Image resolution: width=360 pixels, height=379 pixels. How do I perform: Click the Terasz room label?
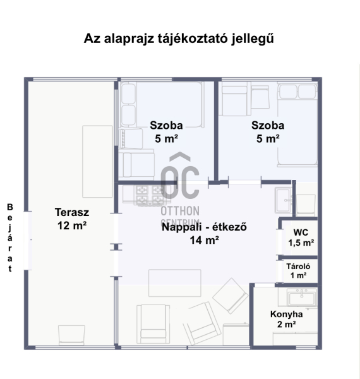[72, 212]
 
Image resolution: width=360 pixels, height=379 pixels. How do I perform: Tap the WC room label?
[301, 232]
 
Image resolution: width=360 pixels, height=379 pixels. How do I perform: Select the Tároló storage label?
[298, 267]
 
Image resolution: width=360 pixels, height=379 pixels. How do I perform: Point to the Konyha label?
[286, 314]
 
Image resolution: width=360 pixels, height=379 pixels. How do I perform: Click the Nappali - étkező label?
[204, 227]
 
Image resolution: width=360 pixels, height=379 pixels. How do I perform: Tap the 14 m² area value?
[204, 240]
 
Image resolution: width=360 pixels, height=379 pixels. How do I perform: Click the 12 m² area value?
[72, 226]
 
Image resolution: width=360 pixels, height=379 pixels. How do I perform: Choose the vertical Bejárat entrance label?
[10, 238]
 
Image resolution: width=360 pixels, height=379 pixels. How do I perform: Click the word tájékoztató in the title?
[193, 38]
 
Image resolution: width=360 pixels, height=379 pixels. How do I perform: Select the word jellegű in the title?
[253, 39]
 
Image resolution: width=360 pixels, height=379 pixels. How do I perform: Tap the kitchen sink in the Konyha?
[302, 298]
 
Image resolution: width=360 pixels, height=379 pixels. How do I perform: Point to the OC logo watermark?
[180, 175]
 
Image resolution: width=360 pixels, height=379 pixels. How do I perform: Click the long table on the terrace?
[98, 162]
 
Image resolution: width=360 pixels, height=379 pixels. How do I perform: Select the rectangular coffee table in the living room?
[175, 283]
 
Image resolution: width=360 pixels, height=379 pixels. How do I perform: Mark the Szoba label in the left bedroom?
[166, 125]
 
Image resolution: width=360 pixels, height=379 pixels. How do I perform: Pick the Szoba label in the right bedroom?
[268, 125]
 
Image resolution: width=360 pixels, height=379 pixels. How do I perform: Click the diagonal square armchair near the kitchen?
[231, 296]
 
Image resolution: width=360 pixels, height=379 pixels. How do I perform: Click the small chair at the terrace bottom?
[71, 335]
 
